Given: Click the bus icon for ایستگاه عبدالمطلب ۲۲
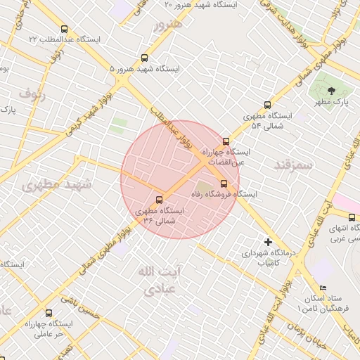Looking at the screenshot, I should tap(65, 30).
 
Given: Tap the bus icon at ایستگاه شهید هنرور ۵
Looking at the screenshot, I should tap(145, 58).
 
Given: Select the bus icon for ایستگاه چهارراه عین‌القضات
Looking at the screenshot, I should tap(226, 141).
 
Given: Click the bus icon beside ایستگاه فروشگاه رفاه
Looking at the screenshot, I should tap(224, 184).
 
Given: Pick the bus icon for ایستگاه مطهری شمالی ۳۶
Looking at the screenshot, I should tap(159, 199).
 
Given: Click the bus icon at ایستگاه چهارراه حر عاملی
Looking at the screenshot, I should tap(49, 313).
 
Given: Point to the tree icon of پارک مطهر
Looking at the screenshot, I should tap(332, 90).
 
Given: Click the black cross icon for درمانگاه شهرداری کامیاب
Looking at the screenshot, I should tap(267, 241).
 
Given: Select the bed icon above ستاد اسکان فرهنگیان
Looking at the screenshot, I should tap(323, 288).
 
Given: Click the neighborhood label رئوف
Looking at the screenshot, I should tap(32, 93).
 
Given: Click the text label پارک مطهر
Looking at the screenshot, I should tap(332, 103).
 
